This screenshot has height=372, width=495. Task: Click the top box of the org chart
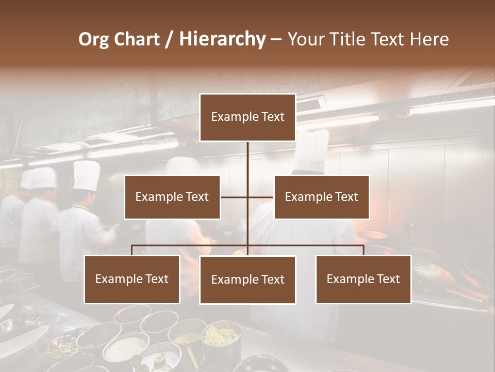(x=247, y=117)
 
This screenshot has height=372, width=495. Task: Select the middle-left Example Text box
(x=172, y=197)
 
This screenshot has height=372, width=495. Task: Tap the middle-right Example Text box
(x=321, y=197)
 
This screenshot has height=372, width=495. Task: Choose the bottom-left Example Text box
(x=132, y=279)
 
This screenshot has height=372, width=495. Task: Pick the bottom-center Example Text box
(x=247, y=280)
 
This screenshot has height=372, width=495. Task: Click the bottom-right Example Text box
(x=363, y=279)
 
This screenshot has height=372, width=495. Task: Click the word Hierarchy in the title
(x=222, y=39)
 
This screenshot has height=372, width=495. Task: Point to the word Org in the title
(x=93, y=39)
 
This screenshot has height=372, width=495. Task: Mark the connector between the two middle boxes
(x=247, y=197)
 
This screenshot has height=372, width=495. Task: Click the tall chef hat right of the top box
(x=311, y=150)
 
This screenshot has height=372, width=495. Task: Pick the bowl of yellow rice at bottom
(x=221, y=336)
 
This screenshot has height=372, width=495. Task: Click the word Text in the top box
(x=273, y=117)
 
